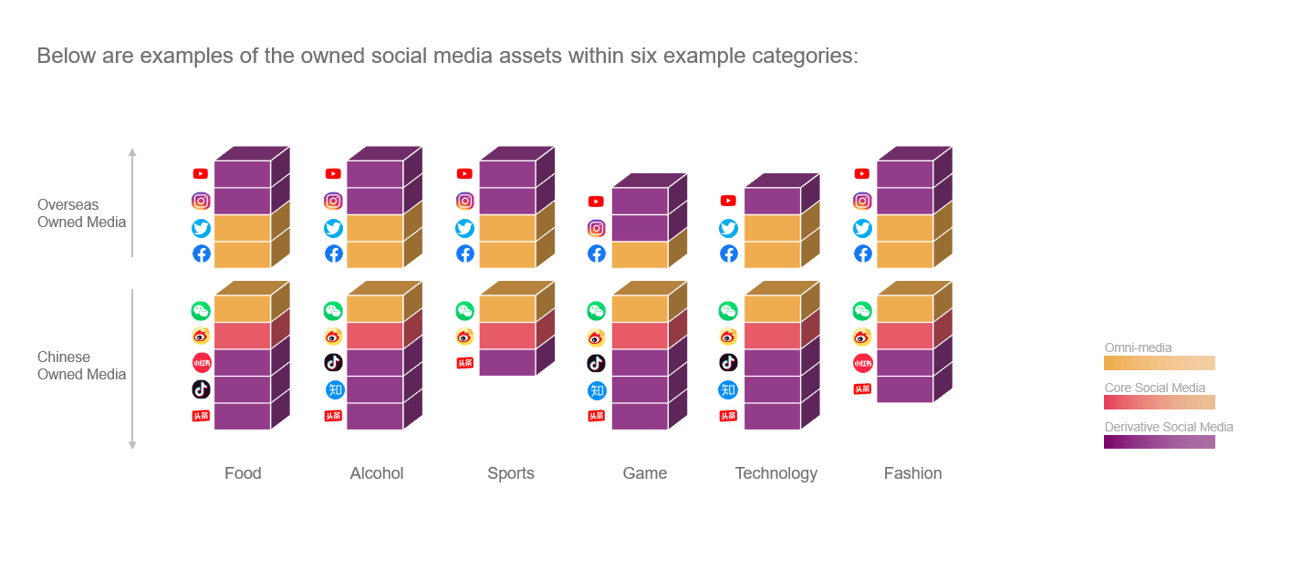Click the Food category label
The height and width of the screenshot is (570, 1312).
pyautogui.click(x=243, y=473)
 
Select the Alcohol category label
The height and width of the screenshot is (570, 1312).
pyautogui.click(x=377, y=473)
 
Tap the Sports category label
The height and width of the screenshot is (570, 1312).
pyautogui.click(x=511, y=473)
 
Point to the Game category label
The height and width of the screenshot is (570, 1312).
pyautogui.click(x=645, y=473)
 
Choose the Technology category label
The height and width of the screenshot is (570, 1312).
pyautogui.click(x=776, y=473)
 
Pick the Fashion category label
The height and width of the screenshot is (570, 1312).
pyautogui.click(x=912, y=473)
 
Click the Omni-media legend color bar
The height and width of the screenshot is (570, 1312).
pyautogui.click(x=1159, y=363)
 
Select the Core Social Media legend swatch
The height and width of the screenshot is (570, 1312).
pyautogui.click(x=1159, y=402)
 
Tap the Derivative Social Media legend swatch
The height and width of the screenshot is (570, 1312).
pyautogui.click(x=1159, y=441)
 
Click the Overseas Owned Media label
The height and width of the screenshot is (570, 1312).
pyautogui.click(x=81, y=213)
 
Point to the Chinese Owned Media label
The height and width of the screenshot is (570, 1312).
pyautogui.click(x=81, y=366)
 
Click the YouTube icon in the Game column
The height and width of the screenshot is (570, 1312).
pyautogui.click(x=597, y=202)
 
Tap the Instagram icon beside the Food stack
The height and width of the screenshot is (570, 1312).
pyautogui.click(x=201, y=202)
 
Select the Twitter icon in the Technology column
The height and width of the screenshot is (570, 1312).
pyautogui.click(x=728, y=228)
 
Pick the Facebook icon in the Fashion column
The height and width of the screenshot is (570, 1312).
pyautogui.click(x=862, y=254)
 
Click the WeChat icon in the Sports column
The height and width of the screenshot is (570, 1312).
pyautogui.click(x=464, y=311)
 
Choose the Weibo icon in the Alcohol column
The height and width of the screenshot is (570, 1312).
pyautogui.click(x=333, y=337)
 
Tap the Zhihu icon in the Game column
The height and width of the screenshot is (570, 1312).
pyautogui.click(x=597, y=390)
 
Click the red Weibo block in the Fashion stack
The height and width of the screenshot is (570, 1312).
pyautogui.click(x=904, y=336)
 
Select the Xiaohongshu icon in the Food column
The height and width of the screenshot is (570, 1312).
pyautogui.click(x=201, y=363)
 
